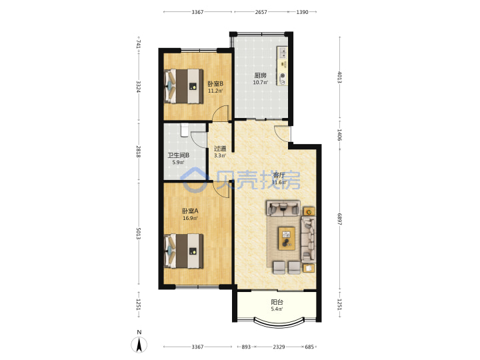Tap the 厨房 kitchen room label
(260, 75)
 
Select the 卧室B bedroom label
(215, 83)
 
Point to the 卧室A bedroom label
(190, 211)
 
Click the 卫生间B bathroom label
(178, 155)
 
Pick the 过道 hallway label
(220, 149)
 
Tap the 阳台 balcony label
(277, 302)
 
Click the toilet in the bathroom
(184, 130)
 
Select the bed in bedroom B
(184, 86)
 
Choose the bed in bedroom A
(184, 251)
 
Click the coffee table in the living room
(287, 239)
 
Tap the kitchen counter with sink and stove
(282, 65)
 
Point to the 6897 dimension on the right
(339, 219)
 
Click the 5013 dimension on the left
(139, 233)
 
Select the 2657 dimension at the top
(261, 12)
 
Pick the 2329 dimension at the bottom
(279, 347)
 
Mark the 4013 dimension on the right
(339, 77)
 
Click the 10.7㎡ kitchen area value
(260, 83)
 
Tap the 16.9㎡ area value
(190, 218)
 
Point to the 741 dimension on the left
(139, 43)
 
